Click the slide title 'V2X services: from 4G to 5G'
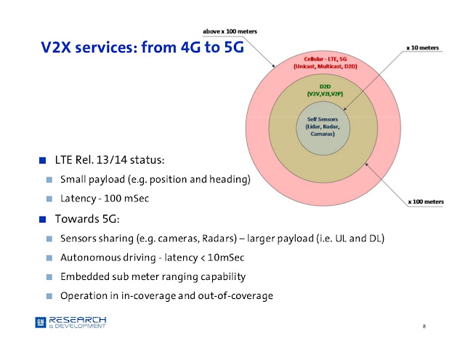pos(142,47)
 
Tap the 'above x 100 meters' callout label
pos(230,31)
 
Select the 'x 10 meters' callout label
pos(423,48)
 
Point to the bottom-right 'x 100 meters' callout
pos(426,201)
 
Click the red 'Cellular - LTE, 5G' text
pos(325,59)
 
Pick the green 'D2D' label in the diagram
pos(325,87)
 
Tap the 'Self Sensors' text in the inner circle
pos(323,119)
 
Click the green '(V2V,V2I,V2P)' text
pos(325,94)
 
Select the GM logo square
pos(41,322)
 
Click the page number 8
pos(424,326)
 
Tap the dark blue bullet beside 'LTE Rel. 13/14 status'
pos(42,160)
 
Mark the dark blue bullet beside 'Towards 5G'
pos(42,220)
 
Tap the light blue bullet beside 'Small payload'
pos(49,180)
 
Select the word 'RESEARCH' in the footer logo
pos(78,320)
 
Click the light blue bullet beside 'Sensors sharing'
pos(49,239)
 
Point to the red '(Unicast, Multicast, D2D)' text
pos(325,66)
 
